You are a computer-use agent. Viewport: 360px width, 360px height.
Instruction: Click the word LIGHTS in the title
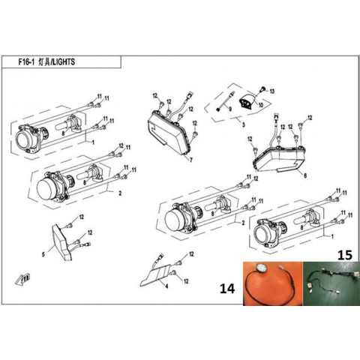[x=64, y=62]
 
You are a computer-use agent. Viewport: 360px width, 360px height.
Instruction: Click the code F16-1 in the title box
[x=26, y=62]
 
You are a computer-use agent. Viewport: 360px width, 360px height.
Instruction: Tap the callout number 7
[x=191, y=160]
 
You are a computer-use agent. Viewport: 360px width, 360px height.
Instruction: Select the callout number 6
[x=305, y=175]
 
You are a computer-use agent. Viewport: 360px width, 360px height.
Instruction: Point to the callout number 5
[x=43, y=254]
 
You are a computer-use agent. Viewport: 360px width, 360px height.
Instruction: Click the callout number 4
[x=167, y=286]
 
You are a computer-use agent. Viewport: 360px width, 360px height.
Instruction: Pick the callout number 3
[x=244, y=124]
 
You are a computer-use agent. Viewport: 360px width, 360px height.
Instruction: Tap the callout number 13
[x=271, y=91]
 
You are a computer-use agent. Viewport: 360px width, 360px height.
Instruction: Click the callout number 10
[x=261, y=105]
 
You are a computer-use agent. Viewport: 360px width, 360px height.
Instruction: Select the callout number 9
[x=230, y=109]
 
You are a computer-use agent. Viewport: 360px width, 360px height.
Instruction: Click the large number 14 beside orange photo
[x=227, y=288]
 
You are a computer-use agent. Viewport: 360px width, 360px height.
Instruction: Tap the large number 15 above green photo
[x=345, y=255]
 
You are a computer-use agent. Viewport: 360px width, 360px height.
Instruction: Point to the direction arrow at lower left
[x=22, y=279]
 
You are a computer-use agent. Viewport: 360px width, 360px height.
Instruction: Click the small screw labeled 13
[x=262, y=88]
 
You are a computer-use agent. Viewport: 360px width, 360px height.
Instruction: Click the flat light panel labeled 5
[x=61, y=242]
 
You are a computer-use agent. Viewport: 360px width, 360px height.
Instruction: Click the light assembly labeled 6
[x=279, y=159]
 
